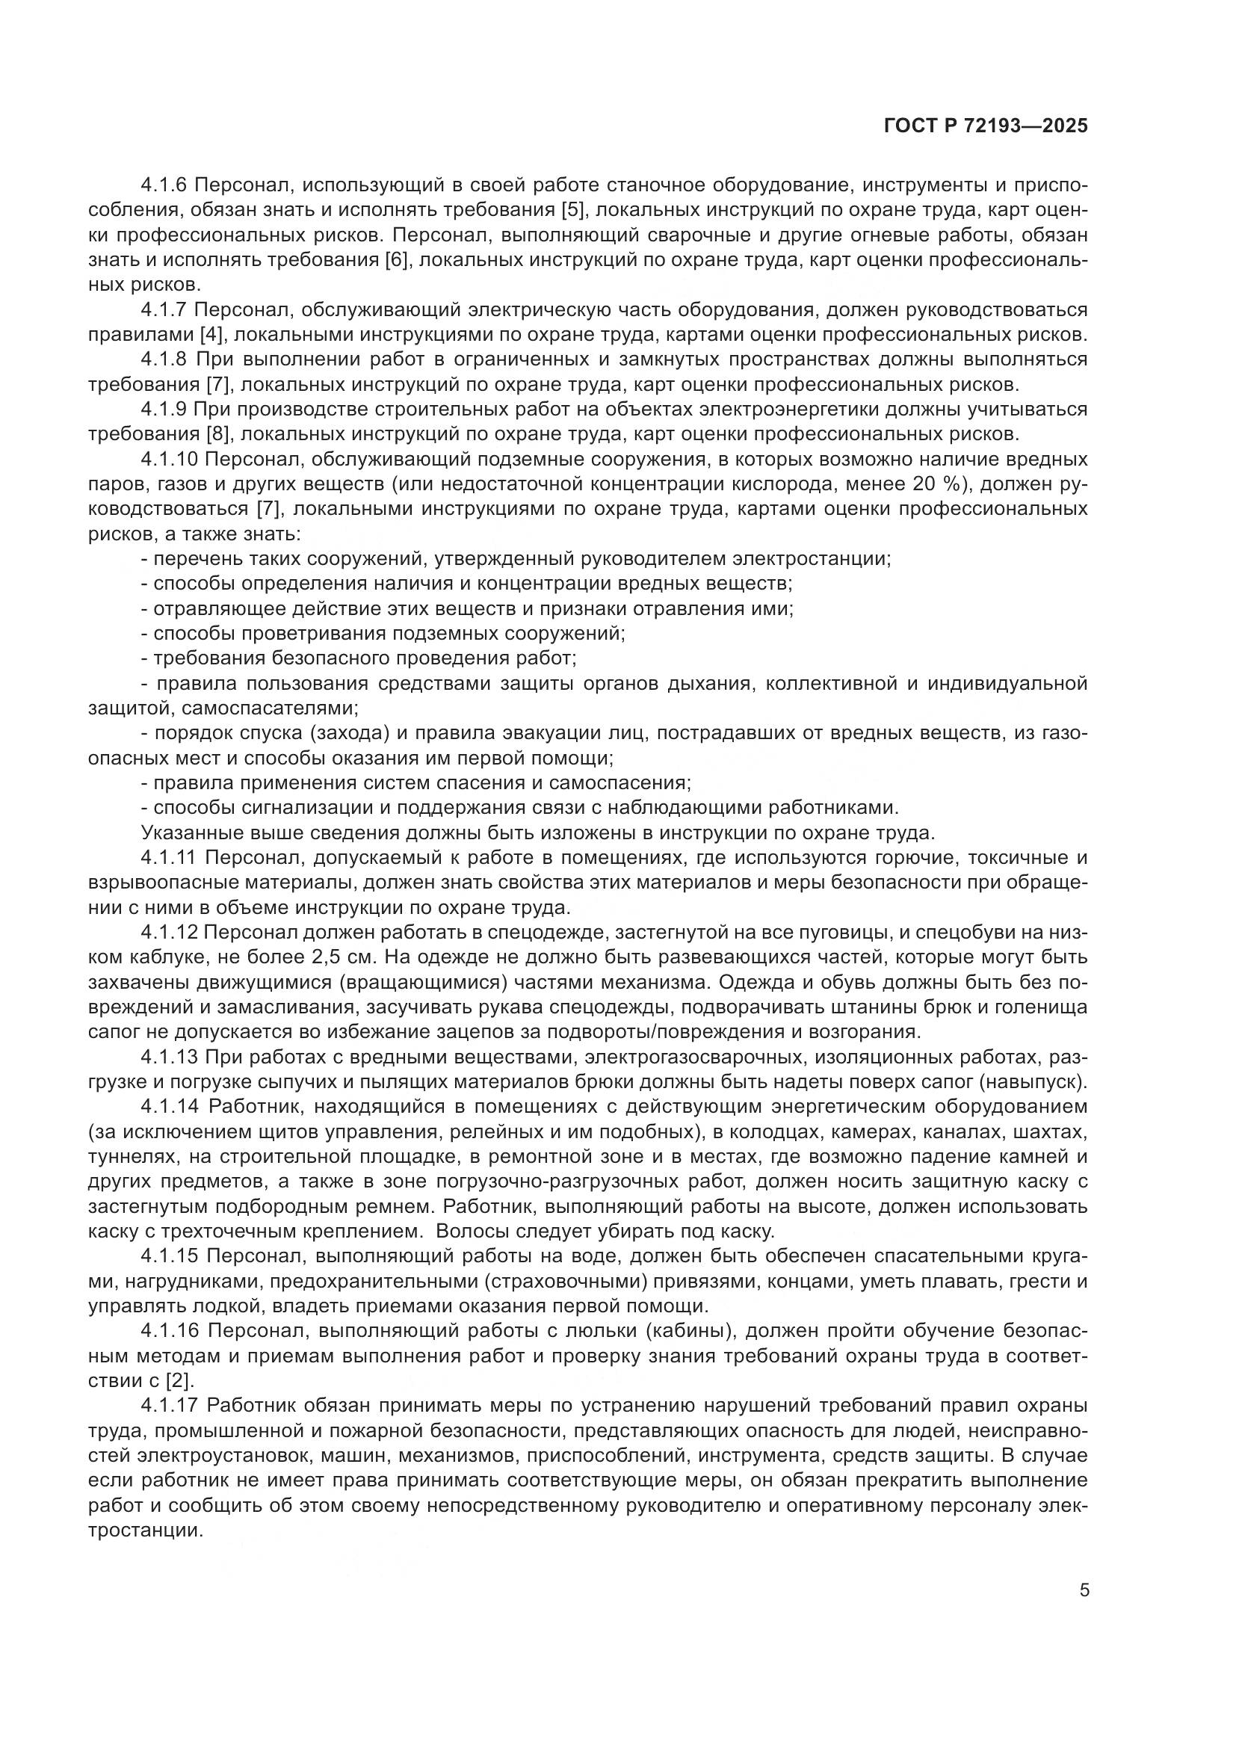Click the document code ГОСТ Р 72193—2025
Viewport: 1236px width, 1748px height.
pyautogui.click(x=986, y=126)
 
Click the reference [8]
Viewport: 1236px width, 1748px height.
pyautogui.click(x=220, y=435)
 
